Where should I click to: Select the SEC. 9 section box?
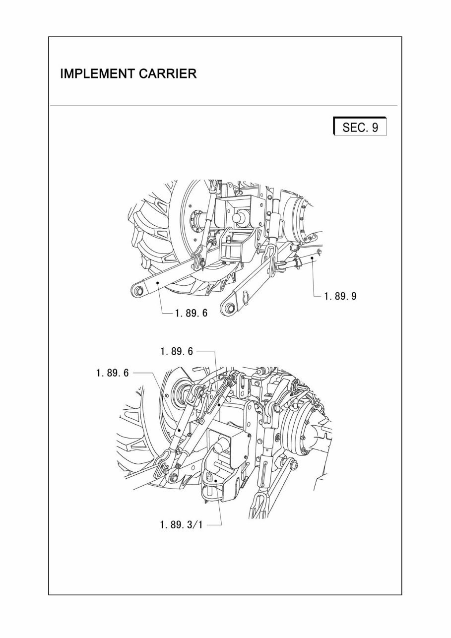click(360, 127)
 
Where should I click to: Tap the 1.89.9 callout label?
click(340, 296)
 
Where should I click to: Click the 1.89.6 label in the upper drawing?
click(191, 314)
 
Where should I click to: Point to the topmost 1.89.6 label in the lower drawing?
click(176, 351)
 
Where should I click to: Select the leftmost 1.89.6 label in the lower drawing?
click(113, 373)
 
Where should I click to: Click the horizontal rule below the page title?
click(223, 106)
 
